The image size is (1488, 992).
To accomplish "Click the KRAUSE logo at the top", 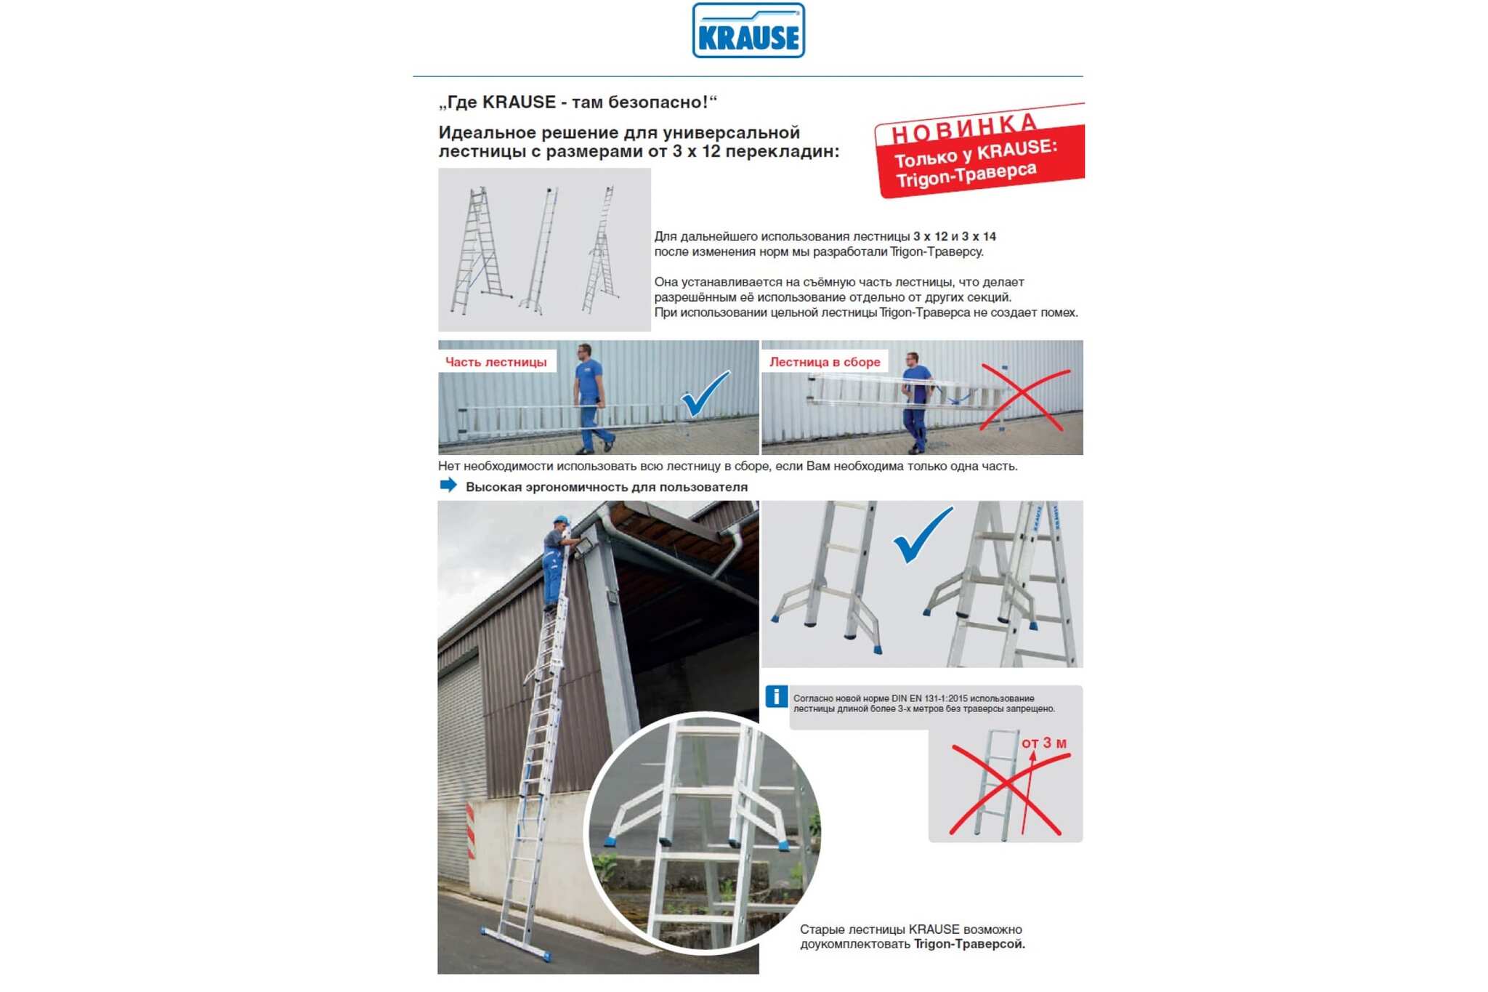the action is [748, 31].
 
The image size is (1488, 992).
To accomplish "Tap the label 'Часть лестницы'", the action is [496, 362].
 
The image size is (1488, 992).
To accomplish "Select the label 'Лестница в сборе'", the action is [825, 362].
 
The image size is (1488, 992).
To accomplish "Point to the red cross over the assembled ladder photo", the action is [1024, 398].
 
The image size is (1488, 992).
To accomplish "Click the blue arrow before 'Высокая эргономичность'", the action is [448, 485].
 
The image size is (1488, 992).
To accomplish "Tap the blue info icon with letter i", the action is [776, 696].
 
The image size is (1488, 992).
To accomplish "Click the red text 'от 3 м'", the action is [1044, 743].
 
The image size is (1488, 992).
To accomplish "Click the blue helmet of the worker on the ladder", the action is [560, 520].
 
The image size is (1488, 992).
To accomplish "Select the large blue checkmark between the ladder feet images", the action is [921, 535].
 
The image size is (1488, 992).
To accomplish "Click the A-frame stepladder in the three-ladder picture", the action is [480, 250].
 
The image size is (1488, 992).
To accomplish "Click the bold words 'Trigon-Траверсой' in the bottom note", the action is [969, 944].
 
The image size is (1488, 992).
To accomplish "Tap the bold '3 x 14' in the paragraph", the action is [979, 236].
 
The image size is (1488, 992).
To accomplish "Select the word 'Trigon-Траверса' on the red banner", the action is [966, 175].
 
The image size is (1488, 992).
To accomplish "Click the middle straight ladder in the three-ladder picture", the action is [540, 250].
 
